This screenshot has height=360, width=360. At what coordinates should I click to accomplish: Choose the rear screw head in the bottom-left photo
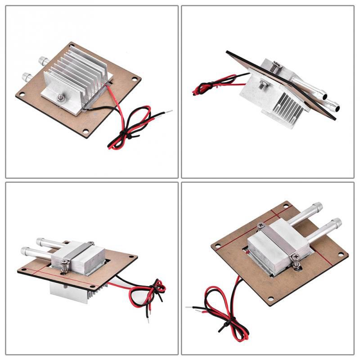(x=90, y=243)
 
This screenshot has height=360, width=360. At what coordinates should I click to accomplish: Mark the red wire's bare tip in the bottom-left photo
(x=148, y=321)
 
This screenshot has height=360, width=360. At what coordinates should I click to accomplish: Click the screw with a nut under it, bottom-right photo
(x=296, y=258)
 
